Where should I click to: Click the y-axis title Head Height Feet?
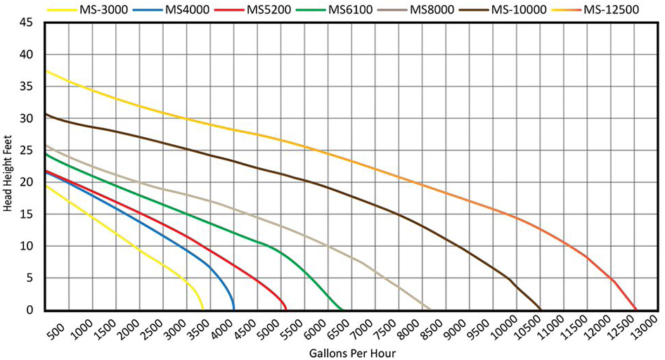click(8, 166)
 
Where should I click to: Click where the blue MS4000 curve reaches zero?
click(234, 309)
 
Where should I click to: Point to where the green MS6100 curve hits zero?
click(342, 309)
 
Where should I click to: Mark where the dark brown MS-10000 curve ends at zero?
click(541, 309)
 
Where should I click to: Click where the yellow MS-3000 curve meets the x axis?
click(202, 309)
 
